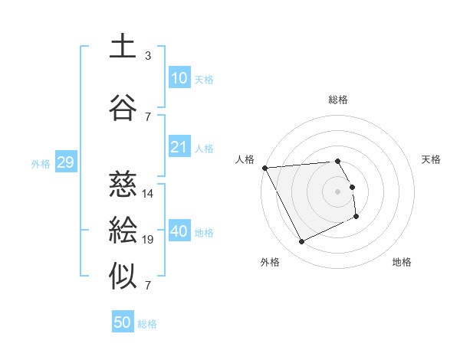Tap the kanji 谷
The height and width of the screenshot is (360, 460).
point(123,108)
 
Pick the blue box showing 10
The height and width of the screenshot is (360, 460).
point(179,78)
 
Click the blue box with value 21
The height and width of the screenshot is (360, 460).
point(179,147)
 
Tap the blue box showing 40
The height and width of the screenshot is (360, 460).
point(179,231)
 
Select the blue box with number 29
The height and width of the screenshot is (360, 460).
point(65,162)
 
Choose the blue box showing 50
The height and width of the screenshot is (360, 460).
point(123,322)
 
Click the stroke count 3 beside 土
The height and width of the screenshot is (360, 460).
point(148,56)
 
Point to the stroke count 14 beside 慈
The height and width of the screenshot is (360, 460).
point(148,194)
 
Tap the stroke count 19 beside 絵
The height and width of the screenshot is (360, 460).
point(148,240)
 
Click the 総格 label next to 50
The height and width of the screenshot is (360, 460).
point(147,324)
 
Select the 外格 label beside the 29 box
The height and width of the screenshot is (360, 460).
point(41,163)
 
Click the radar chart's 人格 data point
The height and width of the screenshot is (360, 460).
point(264,168)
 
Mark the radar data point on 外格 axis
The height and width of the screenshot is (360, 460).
point(301,242)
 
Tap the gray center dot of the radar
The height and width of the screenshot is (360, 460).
point(337,191)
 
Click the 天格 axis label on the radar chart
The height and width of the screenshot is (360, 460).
point(432,159)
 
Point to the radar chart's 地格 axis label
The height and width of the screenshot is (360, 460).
point(402,262)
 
